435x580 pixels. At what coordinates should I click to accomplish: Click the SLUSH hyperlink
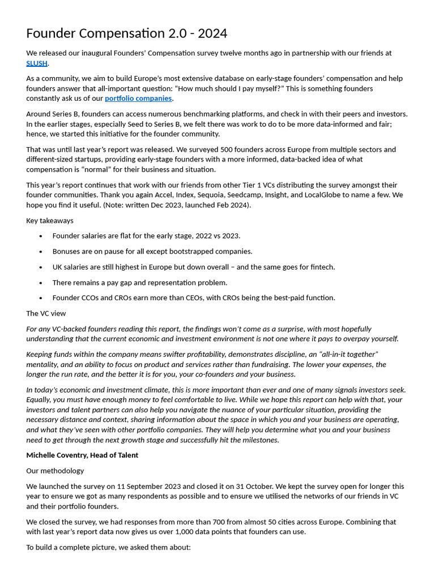37,63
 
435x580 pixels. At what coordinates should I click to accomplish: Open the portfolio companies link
138,99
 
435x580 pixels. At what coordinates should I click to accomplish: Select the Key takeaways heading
50,220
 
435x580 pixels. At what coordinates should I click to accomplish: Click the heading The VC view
46,313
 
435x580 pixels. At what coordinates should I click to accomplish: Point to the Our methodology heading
55,471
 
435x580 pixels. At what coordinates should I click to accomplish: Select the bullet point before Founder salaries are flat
41,236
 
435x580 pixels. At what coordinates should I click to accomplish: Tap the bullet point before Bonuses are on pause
41,251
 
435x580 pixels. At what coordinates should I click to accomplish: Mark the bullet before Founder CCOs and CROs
41,298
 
